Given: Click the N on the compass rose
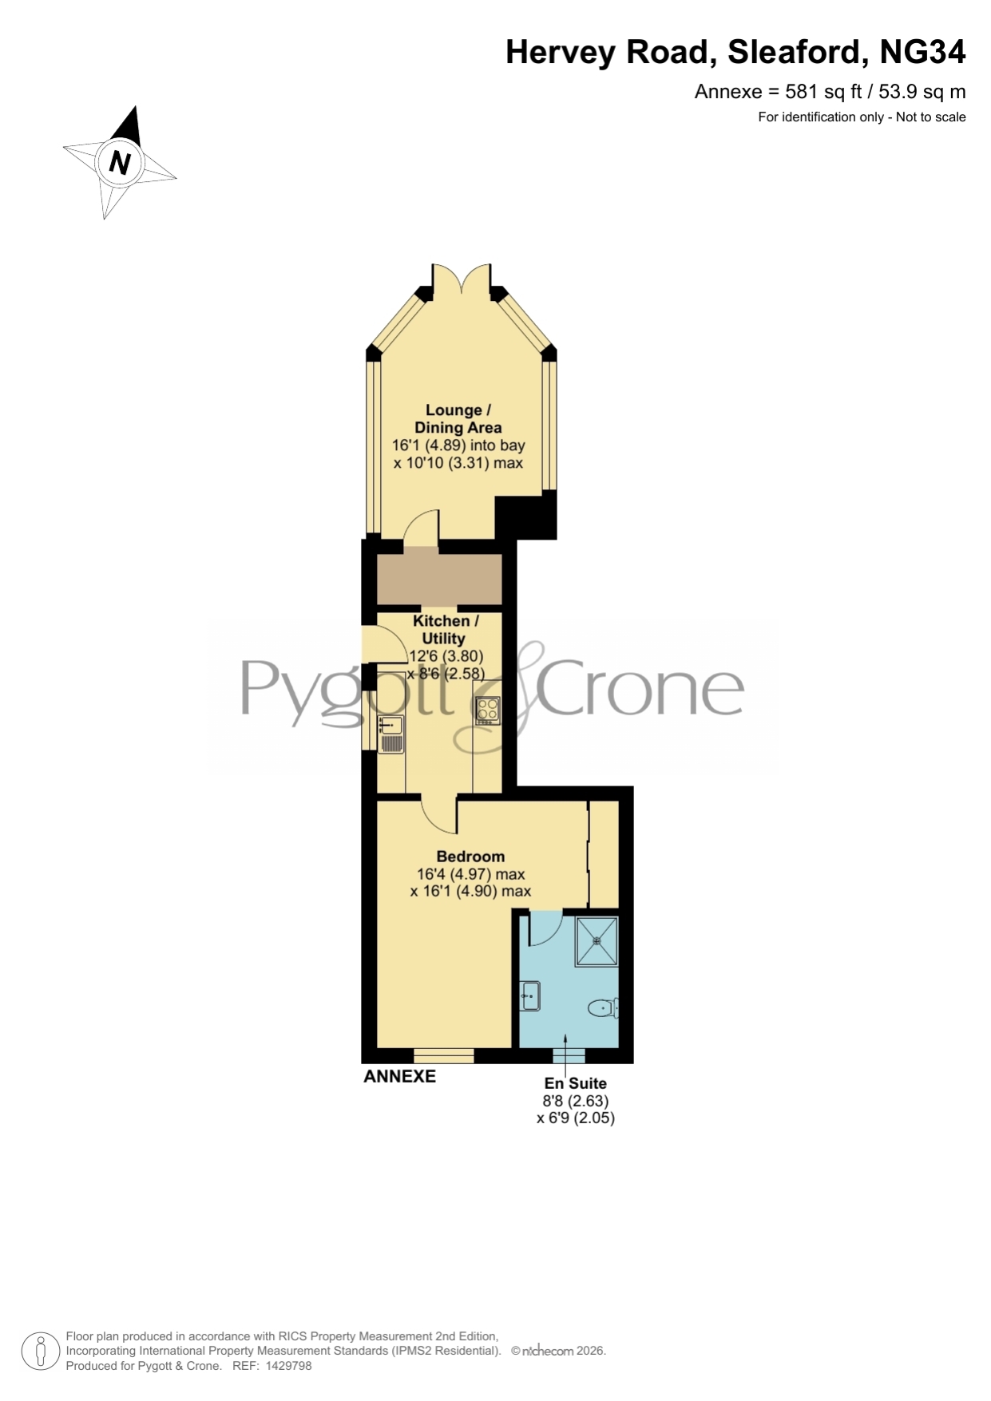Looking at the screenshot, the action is point(120,163).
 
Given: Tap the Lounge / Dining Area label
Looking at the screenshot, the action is point(458,419).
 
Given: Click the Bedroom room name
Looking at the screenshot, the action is point(470,857).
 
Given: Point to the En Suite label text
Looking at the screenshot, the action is point(575,1083).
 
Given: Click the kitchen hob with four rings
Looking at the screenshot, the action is point(488,710).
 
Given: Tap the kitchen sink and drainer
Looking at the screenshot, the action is point(391,734).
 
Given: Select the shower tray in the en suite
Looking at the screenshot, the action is point(597,942).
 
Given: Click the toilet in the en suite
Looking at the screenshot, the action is point(603,1008).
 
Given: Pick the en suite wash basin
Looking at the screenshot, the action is point(530,995).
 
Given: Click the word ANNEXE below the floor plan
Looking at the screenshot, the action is point(399,1076).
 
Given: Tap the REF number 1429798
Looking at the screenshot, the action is point(289,1366).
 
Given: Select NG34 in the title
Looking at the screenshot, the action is point(922,52).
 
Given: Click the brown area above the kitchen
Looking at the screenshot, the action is point(439,579).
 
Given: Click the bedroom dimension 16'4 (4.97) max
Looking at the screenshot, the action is point(470,874).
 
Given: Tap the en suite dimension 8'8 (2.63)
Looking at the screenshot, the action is point(575,1101).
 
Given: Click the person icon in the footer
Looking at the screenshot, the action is point(40,1352).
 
